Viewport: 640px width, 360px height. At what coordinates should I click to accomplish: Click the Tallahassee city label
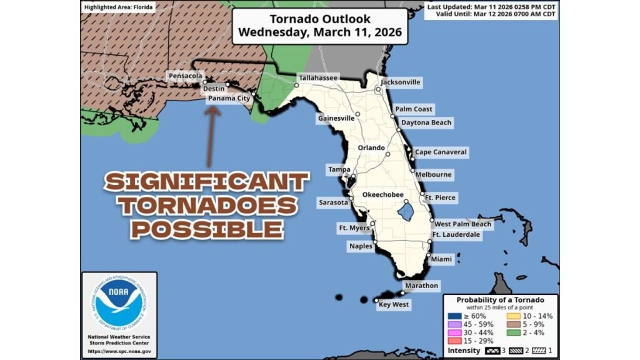coord(317,78)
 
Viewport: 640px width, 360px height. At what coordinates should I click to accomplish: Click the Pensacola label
coord(185,76)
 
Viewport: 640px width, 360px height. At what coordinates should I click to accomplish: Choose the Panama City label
coord(229,99)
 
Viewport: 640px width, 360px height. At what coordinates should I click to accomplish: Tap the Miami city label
coord(442,258)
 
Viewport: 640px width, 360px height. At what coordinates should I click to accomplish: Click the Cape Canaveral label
coord(441,152)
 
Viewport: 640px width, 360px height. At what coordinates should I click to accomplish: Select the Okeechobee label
coord(383,195)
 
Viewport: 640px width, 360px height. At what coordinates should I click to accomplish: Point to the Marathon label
coord(421,285)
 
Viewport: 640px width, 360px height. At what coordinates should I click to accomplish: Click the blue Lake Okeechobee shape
coord(407,211)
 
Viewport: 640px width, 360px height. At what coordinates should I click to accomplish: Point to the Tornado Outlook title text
coord(319,19)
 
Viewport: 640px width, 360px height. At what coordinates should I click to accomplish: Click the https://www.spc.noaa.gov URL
coord(119,351)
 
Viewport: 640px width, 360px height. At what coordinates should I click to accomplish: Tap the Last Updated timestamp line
coord(491,7)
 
